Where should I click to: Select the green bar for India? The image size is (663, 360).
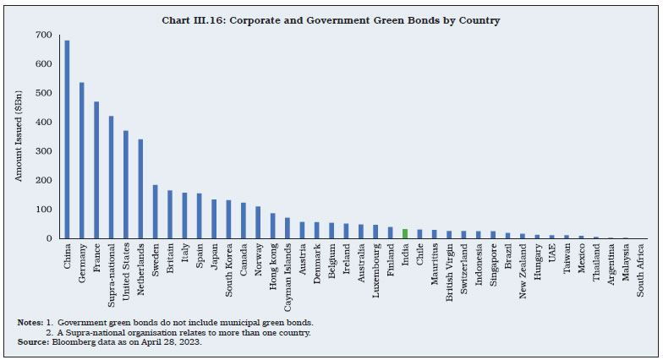click(404, 233)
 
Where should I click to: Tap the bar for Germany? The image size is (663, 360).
click(82, 161)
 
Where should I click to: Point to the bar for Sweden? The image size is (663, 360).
click(156, 211)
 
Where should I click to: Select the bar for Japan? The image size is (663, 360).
click(214, 219)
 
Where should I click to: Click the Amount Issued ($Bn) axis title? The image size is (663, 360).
click(19, 137)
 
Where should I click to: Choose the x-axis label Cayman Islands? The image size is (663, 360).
click(288, 272)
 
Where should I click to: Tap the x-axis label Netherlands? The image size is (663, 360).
click(141, 269)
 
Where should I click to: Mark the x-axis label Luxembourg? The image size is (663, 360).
click(375, 269)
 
